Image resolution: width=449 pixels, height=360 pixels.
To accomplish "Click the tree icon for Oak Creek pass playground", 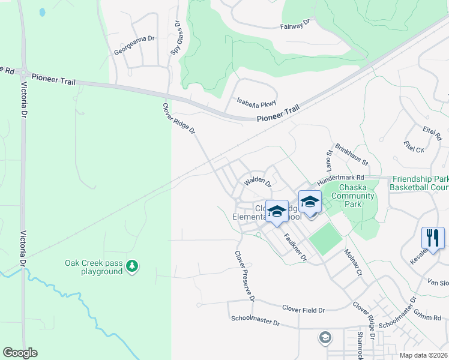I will pos(133,265).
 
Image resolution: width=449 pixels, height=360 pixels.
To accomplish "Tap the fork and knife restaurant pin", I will pos(433,238).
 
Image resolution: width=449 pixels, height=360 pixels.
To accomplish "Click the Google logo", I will pos(20,353).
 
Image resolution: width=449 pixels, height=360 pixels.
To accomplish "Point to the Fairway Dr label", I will pos(294,24).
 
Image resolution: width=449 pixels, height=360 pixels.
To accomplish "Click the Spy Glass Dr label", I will pos(176,38).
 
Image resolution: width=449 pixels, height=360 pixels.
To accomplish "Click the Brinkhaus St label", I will pos(352,155).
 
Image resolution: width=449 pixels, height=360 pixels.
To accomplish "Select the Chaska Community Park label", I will pos(352,196).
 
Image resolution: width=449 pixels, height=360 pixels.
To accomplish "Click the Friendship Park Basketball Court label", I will pos(419,183).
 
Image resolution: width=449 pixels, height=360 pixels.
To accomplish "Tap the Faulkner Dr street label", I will pos(295,247).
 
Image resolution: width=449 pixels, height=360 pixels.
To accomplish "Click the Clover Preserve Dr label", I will pos(246,276).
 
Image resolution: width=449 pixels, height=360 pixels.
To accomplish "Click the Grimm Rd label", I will pos(431,311).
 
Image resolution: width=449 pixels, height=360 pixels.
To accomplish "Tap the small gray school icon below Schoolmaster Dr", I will pos(325,338).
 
